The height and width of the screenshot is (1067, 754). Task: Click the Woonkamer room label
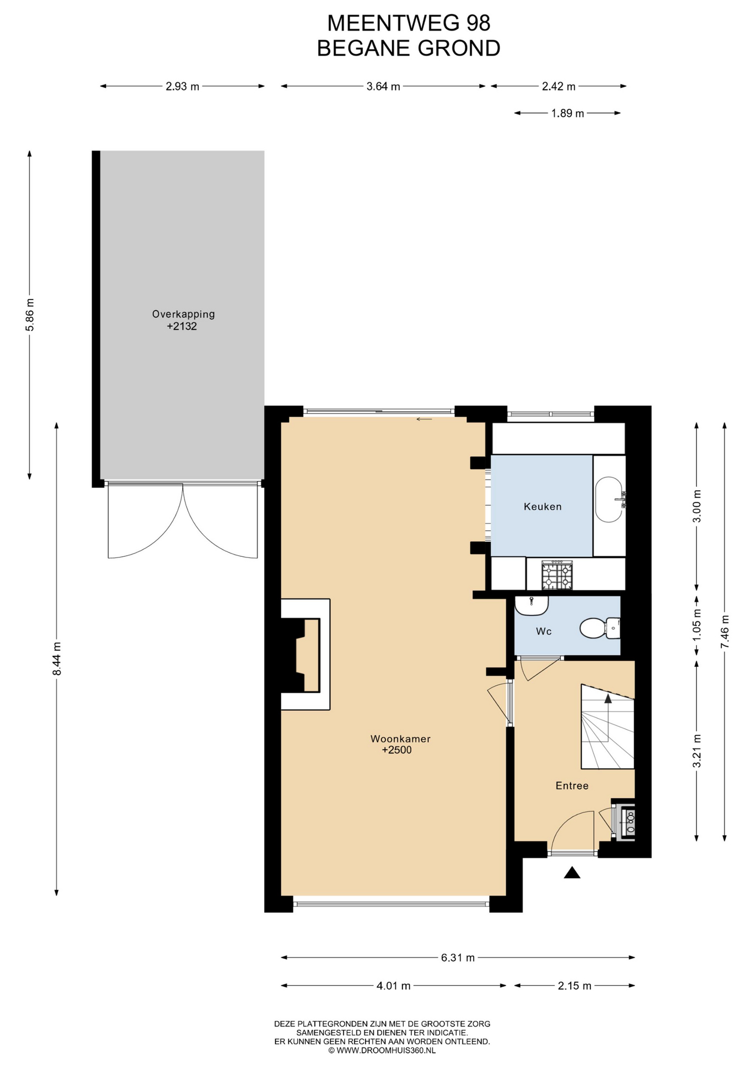coord(400,739)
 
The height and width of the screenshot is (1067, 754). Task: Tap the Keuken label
coord(542,506)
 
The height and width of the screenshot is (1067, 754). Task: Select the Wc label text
coord(544,631)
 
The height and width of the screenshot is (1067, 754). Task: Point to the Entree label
coord(572,785)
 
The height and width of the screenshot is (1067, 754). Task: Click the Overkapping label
coord(183,314)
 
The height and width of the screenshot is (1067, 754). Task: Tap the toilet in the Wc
coord(600,628)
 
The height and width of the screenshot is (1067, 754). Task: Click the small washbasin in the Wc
coord(531,605)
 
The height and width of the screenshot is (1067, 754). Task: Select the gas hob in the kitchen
coord(557,574)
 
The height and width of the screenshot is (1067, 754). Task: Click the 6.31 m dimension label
coord(458,958)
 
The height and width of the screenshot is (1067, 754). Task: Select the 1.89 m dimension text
coord(567,113)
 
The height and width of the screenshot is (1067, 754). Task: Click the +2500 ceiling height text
coord(397,750)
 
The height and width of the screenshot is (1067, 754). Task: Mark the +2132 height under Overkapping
coord(182,326)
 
